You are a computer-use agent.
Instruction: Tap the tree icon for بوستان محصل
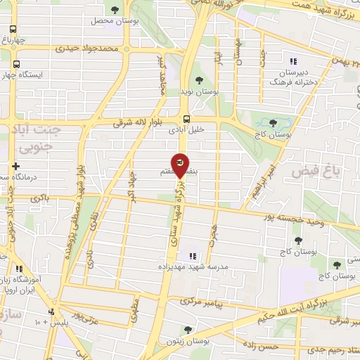click(x=115, y=9)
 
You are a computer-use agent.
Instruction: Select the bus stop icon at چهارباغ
click(x=13, y=30)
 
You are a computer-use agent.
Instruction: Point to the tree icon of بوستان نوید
click(x=199, y=80)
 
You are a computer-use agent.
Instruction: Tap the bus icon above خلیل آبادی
click(x=186, y=118)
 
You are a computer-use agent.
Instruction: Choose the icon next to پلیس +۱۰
click(x=51, y=312)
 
